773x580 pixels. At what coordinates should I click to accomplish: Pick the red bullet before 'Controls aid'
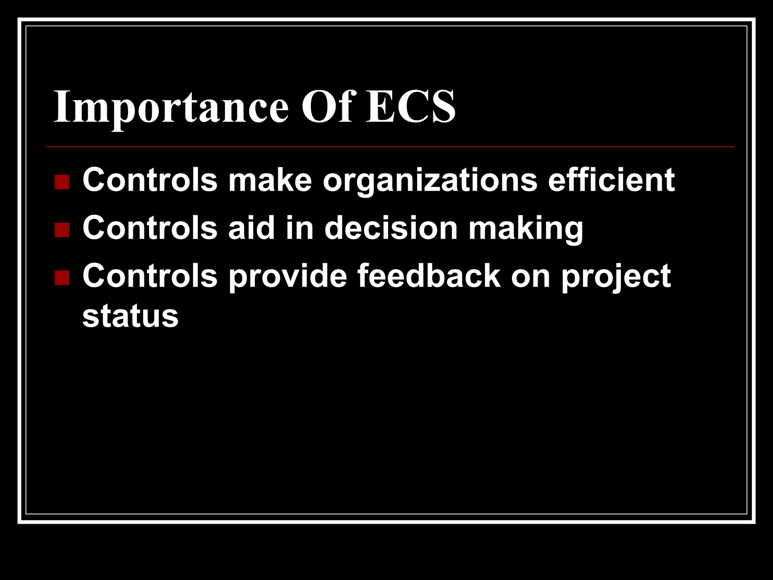point(62,230)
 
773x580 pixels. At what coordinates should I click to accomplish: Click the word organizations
point(430,180)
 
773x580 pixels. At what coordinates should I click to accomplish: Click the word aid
point(251,228)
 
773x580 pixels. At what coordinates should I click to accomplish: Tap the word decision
point(391,228)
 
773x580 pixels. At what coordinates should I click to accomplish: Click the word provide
point(288,276)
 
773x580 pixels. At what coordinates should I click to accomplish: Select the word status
point(130,316)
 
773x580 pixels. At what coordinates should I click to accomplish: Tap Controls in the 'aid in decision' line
point(150,228)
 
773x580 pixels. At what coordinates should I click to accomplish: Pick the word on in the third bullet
point(531,276)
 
